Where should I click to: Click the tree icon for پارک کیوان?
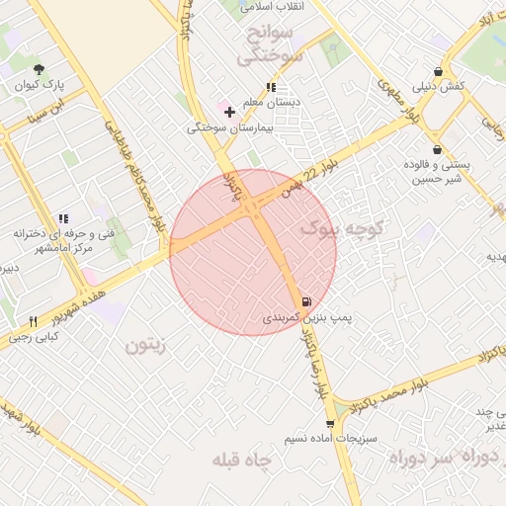[x=39, y=69]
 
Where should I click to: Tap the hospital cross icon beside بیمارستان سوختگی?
[x=230, y=112]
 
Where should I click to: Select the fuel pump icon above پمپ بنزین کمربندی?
[x=305, y=301]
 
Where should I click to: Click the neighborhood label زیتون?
[x=148, y=346]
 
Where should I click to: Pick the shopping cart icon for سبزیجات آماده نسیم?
[x=330, y=424]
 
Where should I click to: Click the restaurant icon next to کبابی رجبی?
[x=33, y=321]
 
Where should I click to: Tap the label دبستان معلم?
[x=299, y=102]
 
